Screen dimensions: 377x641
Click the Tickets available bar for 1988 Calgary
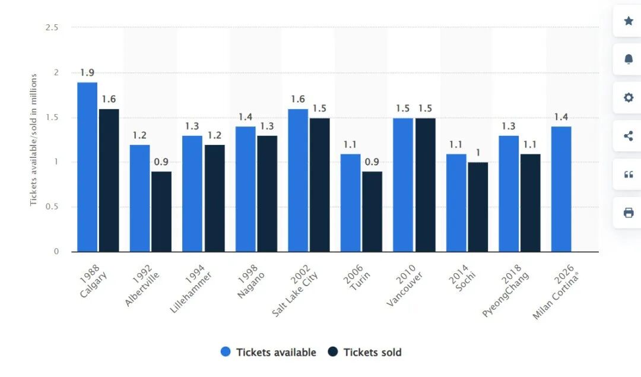[x=87, y=167]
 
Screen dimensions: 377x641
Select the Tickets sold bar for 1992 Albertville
[x=161, y=211]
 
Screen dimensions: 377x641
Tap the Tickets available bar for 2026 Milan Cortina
[x=561, y=189]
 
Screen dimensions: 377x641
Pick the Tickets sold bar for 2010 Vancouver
[x=425, y=185]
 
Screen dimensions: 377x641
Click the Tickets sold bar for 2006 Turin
[x=372, y=211]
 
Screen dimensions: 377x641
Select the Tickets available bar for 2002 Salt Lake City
[x=298, y=180]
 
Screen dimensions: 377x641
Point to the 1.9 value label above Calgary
[x=87, y=73]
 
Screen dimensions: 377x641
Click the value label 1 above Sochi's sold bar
[x=478, y=153]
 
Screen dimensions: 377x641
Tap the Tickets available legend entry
[x=268, y=352]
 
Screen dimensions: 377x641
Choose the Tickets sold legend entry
[x=364, y=352]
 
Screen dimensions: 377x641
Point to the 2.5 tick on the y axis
[x=52, y=27]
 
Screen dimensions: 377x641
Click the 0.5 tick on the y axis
[x=52, y=207]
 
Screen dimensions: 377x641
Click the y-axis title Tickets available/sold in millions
[x=34, y=140]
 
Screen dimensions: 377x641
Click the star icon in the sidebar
[x=629, y=21]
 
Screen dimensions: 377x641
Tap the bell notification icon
[x=629, y=59]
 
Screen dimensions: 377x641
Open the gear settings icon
[x=629, y=98]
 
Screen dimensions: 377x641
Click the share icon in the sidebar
[x=629, y=136]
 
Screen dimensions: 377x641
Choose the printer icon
[x=629, y=213]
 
